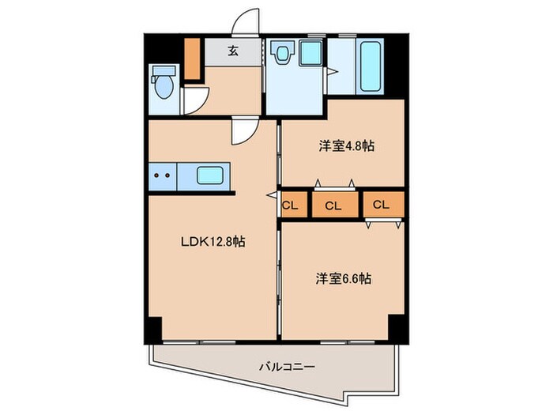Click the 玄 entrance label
234,51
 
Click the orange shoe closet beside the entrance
193,57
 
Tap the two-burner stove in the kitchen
162,176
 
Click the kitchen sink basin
209,176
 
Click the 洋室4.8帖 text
346,146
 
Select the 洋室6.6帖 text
345,279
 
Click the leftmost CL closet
290,205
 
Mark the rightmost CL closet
382,205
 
